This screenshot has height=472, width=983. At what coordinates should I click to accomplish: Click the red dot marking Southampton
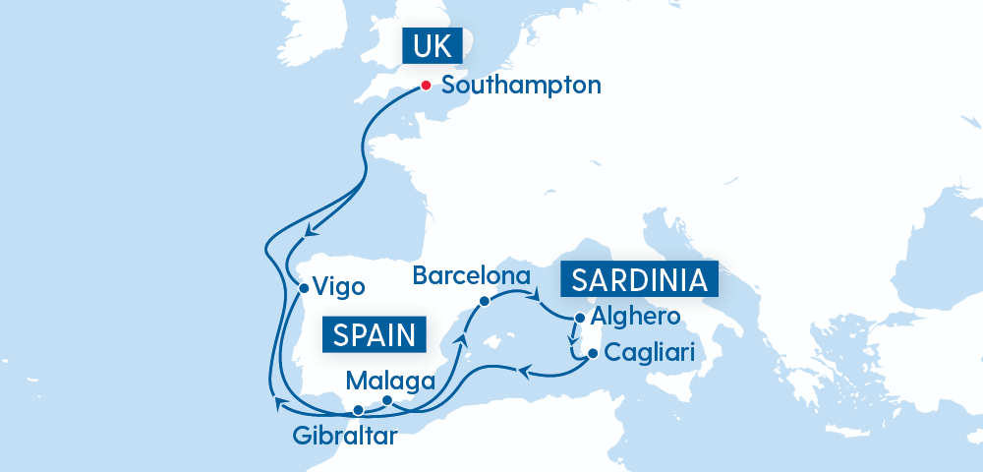click(427, 86)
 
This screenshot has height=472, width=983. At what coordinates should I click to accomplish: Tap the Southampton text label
click(521, 86)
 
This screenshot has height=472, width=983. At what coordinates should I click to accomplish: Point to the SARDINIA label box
click(639, 280)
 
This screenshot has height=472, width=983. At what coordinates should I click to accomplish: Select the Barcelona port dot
click(484, 301)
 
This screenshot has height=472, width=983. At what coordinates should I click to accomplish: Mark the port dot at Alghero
click(580, 318)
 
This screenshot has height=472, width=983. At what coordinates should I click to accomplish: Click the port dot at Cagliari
click(592, 353)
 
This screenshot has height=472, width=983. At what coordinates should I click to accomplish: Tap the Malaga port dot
click(387, 400)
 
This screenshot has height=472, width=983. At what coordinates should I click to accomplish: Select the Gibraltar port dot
click(359, 410)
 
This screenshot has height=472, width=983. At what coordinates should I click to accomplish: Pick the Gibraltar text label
click(344, 436)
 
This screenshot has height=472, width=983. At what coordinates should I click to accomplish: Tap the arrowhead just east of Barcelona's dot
click(537, 293)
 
